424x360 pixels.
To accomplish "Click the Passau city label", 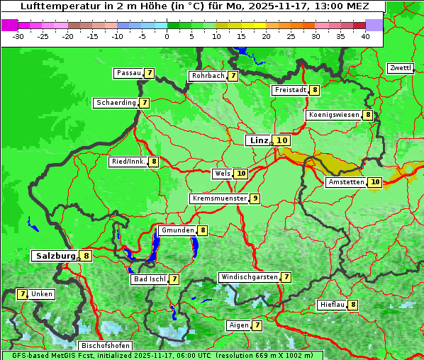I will pos(128,73).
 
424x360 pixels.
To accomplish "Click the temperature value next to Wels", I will pos(241,174).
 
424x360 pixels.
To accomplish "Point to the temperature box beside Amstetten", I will pos(375,182).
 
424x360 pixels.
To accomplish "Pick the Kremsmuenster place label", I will pos(219,198).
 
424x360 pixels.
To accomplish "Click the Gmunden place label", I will pos(177,230).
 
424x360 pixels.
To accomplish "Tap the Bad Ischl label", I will pos(149,279).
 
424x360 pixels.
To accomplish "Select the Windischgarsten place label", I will pos(249,277).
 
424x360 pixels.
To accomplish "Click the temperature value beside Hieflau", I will pos(353,305).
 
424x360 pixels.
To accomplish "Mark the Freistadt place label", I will pos(290,90).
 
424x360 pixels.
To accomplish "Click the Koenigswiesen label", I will pos(334,115).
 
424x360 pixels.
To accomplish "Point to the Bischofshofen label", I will pos(106,346).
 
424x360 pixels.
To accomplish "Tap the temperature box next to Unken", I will pos(22,294).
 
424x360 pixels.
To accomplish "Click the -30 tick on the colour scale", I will pos(18,36).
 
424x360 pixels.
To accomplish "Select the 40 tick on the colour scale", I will pos(365,36).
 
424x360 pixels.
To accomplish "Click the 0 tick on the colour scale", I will pos(167,36).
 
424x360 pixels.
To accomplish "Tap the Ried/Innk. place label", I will pos(128,162).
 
